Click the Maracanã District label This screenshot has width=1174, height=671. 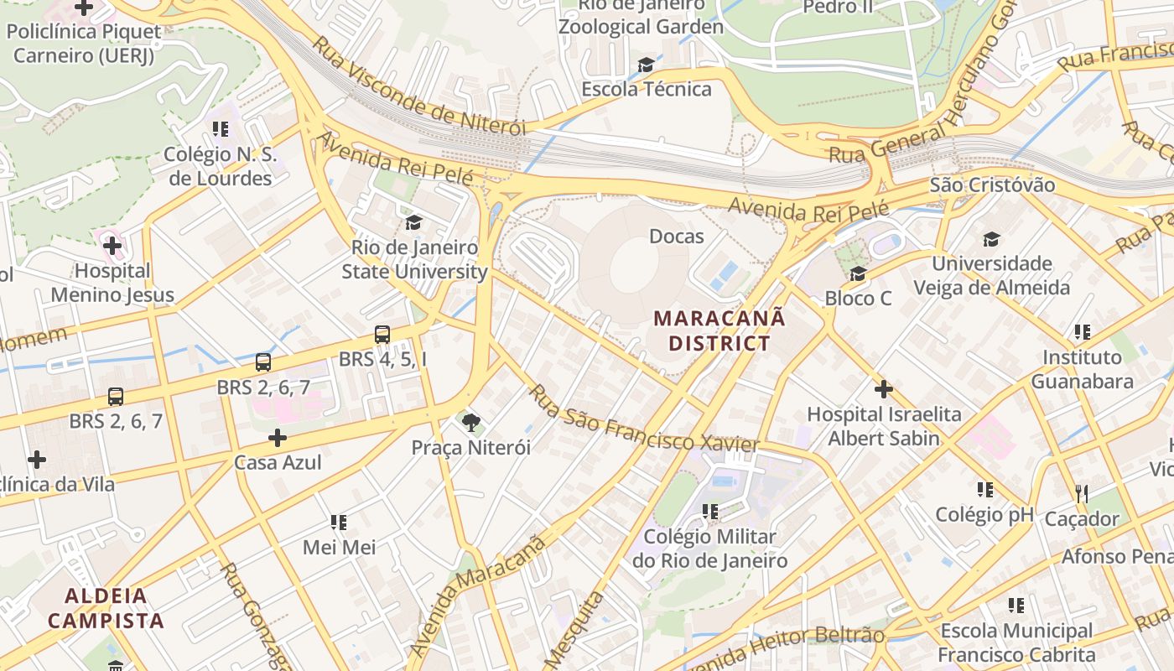pos(719,330)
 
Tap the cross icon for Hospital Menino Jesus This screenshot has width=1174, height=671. pos(112,246)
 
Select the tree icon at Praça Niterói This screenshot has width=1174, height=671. pos(471,422)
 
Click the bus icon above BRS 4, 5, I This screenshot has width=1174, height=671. pos(382,335)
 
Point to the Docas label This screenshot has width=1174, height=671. pos(677,237)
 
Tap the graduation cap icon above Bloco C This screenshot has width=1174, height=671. pos(858,273)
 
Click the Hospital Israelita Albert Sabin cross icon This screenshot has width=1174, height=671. pos(883,389)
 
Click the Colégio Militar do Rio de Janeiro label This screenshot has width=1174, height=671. pos(710,549)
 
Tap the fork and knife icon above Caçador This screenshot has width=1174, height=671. pos(1082,494)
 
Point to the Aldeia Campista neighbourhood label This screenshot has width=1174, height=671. pos(106,609)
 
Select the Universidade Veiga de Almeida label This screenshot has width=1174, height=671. pos(992,275)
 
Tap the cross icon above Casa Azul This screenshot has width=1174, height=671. pos(278,438)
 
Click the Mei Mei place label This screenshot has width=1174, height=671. pos(339,548)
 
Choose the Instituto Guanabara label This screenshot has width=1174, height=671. pos(1082,369)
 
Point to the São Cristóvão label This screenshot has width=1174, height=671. pos(992,185)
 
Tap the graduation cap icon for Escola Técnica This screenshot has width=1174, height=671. pos(646,65)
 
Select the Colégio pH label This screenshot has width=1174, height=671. pos(984,514)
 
